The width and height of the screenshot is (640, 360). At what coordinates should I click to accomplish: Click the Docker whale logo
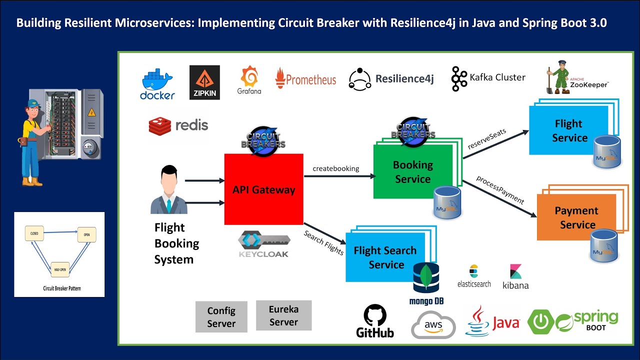157,84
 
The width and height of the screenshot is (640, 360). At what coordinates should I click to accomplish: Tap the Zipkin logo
204,82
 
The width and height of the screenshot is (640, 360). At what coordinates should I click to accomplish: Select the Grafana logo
249,80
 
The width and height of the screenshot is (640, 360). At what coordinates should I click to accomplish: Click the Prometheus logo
305,78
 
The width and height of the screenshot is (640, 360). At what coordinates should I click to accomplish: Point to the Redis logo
178,125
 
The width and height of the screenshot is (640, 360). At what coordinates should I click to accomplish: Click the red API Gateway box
263,189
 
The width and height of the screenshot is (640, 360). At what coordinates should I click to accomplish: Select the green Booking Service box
412,171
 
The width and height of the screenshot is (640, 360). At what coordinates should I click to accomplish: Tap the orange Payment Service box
576,217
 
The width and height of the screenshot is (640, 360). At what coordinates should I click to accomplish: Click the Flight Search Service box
385,257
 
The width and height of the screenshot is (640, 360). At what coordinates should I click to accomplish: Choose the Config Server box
221,317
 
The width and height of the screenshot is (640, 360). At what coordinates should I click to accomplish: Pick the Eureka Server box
283,315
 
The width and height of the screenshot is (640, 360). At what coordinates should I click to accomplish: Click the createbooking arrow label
336,168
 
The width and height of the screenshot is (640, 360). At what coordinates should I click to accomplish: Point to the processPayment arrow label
499,190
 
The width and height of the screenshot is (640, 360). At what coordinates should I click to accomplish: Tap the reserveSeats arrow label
486,139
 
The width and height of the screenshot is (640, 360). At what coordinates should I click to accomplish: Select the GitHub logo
375,321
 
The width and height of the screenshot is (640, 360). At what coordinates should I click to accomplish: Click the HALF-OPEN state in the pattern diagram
60,269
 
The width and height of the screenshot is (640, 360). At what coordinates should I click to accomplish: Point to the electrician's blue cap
34,103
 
